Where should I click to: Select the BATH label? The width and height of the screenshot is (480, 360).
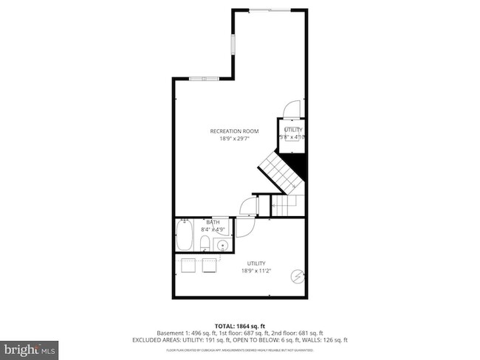coord(213,222)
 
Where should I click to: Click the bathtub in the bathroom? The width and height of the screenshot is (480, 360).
coord(185,238)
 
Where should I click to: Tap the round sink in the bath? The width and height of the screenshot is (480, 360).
coord(222,243)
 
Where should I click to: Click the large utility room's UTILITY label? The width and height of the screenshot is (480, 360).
coord(256,263)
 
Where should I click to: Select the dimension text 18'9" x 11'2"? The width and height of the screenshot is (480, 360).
coord(256,271)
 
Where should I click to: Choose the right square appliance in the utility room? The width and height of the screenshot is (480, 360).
coord(208,265)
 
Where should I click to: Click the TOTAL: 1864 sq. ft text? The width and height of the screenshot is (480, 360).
coord(239,325)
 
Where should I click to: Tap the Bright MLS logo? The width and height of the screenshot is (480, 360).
coord(30,346)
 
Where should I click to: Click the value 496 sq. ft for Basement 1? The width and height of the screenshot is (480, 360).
coord(205,333)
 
